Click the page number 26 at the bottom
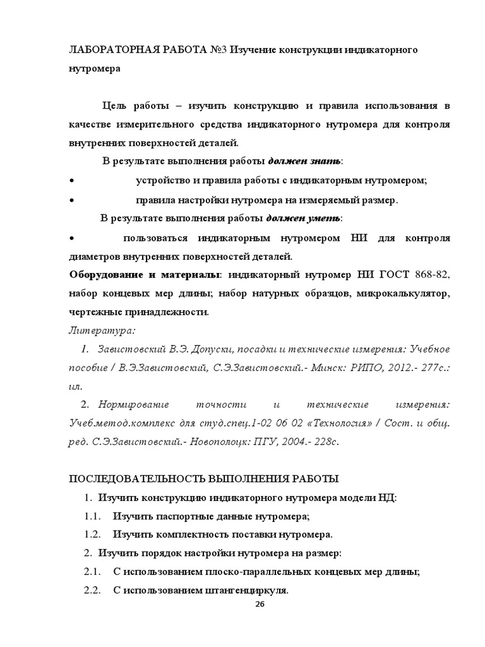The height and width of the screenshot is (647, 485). coord(259,605)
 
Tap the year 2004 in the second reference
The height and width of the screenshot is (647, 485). coord(292,441)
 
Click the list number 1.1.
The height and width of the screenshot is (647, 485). coord(93,516)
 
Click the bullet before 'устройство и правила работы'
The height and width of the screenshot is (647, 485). coord(71,181)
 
